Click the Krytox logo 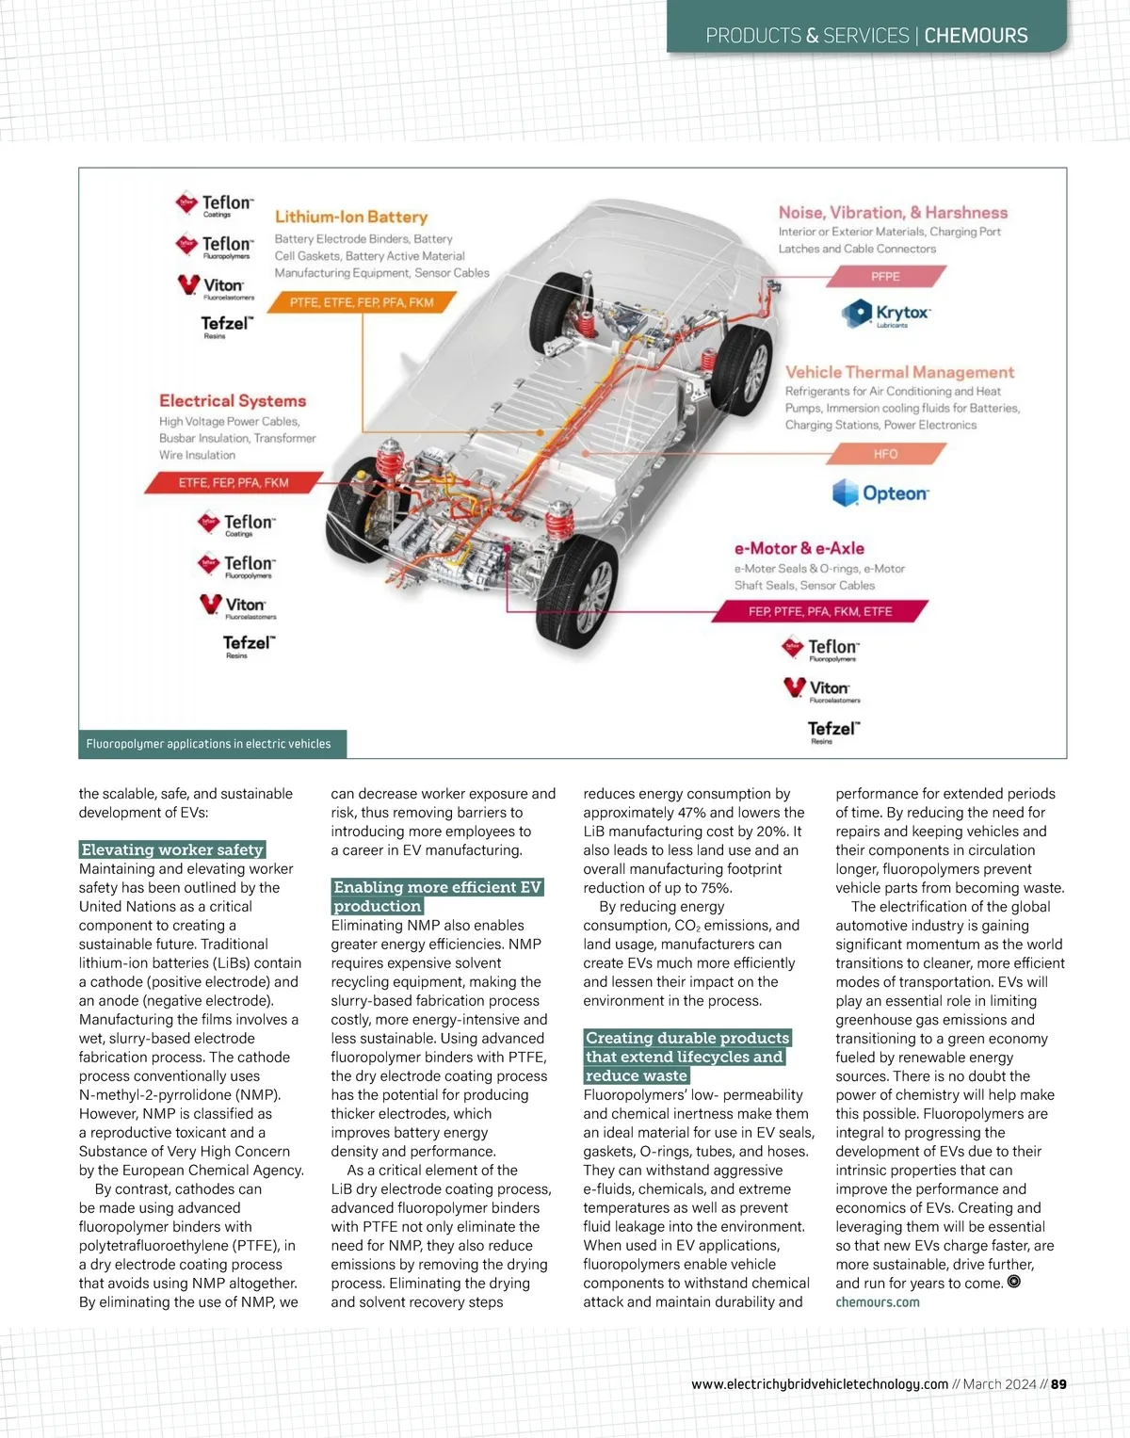(x=886, y=313)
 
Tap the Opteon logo (x=880, y=493)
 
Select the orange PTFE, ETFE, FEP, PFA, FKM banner (x=362, y=302)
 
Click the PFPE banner (x=885, y=277)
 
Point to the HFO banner (x=885, y=454)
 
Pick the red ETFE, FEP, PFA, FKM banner (x=234, y=482)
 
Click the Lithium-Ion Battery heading (x=350, y=217)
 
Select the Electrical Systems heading (x=233, y=400)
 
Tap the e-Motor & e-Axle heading (x=799, y=548)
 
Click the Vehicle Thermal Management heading (x=899, y=372)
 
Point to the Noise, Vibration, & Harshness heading (x=893, y=213)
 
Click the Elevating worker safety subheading (x=172, y=849)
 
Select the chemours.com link (x=877, y=1302)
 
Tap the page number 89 (x=1058, y=1383)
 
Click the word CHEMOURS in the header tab (x=976, y=36)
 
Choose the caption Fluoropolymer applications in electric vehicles (x=208, y=744)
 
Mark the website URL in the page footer (x=819, y=1383)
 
